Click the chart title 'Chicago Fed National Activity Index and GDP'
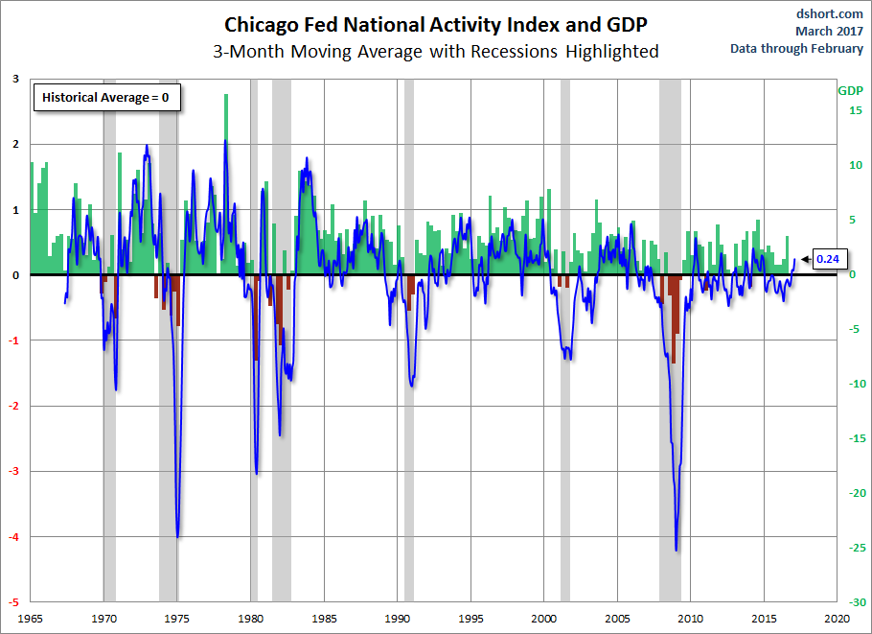click(436, 23)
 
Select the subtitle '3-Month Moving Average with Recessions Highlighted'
click(436, 51)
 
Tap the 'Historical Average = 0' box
click(108, 97)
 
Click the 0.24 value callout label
click(827, 258)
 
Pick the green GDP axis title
click(850, 91)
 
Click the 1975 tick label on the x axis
click(177, 618)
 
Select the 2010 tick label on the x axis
click(691, 618)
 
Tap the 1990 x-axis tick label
click(398, 618)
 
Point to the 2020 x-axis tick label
click(838, 618)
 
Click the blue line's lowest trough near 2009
click(677, 550)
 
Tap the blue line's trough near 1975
click(178, 536)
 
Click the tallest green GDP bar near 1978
click(226, 95)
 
